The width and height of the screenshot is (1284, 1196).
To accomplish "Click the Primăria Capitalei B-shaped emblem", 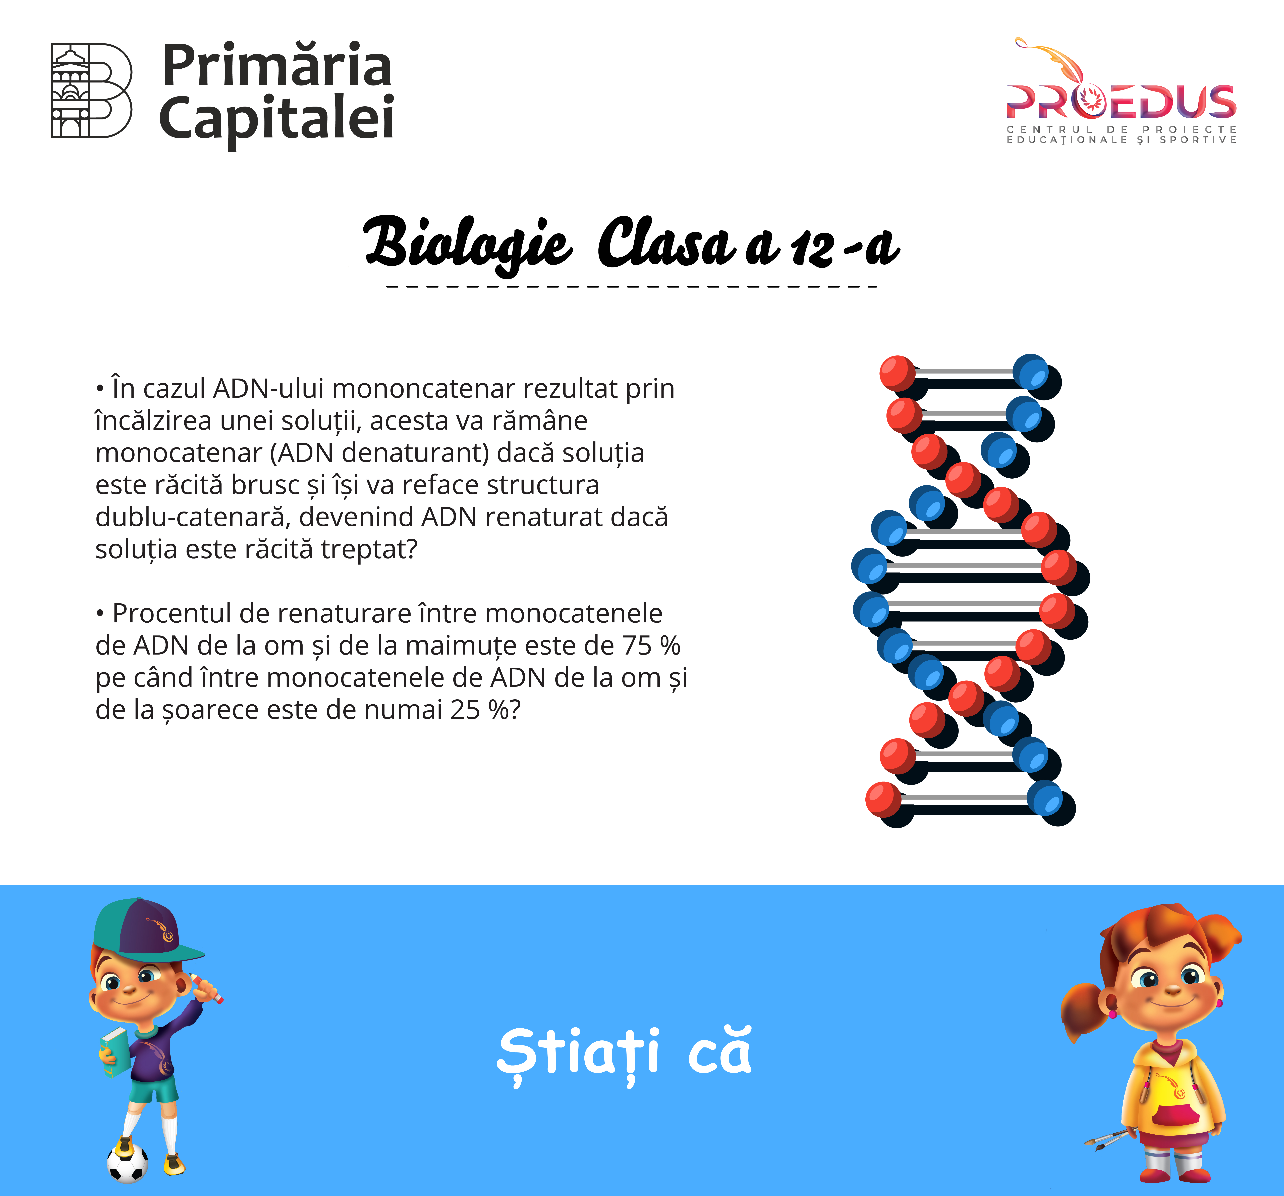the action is point(92,90).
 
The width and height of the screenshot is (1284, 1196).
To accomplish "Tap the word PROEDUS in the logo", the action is point(1121,102).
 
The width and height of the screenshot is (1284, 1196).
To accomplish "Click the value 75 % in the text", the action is point(651,646).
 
